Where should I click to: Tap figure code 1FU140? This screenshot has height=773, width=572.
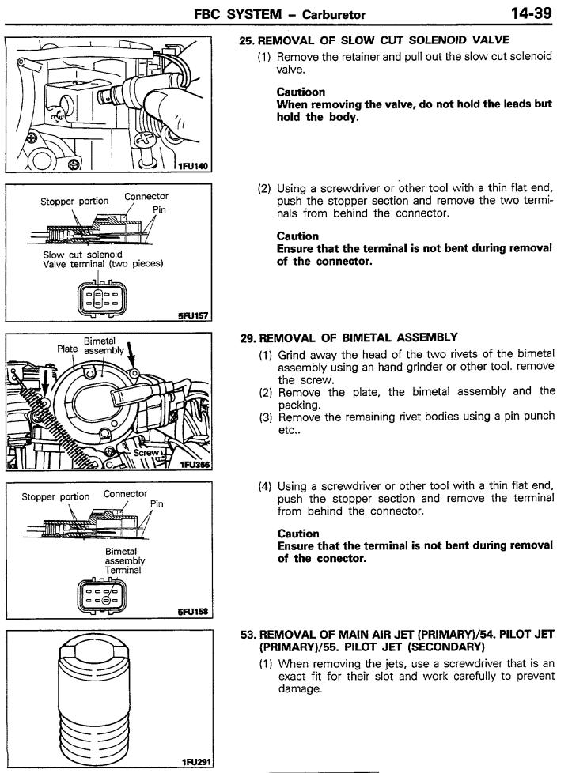193,164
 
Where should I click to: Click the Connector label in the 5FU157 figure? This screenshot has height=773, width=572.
146,196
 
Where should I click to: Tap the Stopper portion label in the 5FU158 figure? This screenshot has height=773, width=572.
55,496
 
